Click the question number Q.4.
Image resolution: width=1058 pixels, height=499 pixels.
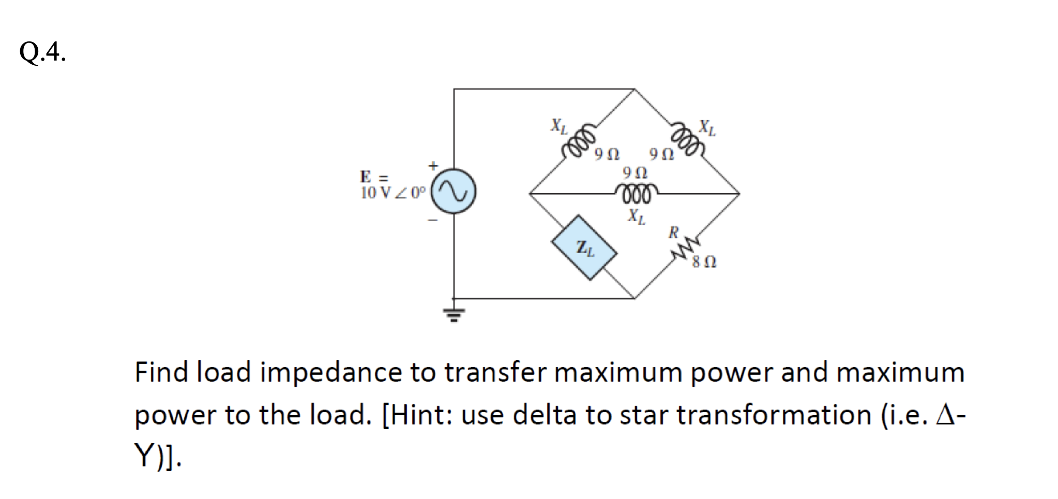(x=42, y=52)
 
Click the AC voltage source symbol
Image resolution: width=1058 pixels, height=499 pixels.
(x=454, y=192)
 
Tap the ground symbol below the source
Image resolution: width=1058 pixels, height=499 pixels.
(x=454, y=313)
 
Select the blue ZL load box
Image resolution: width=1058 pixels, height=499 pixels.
(x=584, y=248)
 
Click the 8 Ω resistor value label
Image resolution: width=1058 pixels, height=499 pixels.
(x=704, y=263)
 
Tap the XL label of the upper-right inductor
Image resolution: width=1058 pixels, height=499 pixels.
(x=707, y=127)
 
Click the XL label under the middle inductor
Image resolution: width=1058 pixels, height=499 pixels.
(x=636, y=215)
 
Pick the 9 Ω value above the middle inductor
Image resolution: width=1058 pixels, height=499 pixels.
(x=635, y=172)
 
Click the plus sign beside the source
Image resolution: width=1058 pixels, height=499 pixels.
(x=433, y=165)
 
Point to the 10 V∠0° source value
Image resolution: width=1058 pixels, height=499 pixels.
(x=392, y=193)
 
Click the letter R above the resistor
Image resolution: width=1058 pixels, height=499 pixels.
(x=673, y=232)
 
